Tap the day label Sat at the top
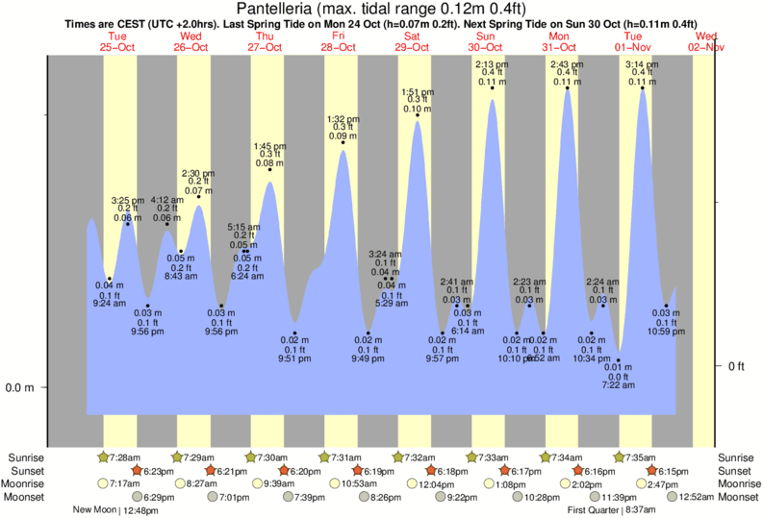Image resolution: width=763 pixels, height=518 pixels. pyautogui.click(x=412, y=36)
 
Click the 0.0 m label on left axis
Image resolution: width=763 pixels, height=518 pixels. pyautogui.click(x=20, y=388)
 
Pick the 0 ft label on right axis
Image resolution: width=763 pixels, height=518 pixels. pyautogui.click(x=736, y=366)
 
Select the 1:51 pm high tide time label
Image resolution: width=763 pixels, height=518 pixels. pyautogui.click(x=417, y=91)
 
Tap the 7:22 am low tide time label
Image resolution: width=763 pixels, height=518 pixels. pyautogui.click(x=618, y=385)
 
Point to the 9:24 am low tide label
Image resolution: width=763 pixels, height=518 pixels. pyautogui.click(x=108, y=304)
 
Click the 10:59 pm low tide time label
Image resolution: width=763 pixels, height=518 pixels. pyautogui.click(x=665, y=331)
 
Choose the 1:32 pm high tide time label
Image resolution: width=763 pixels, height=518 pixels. pyautogui.click(x=343, y=118)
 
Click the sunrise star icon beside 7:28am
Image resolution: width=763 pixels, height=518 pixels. pyautogui.click(x=103, y=456)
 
